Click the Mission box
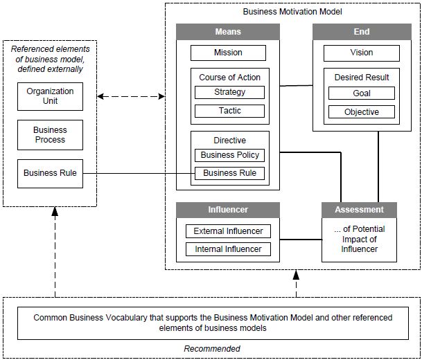(x=227, y=53)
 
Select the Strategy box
(x=229, y=92)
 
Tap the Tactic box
(x=229, y=111)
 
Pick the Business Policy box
(x=229, y=155)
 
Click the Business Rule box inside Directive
(x=229, y=173)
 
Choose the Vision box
(x=361, y=53)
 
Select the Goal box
(x=361, y=93)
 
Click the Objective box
(x=361, y=111)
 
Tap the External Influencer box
(x=228, y=231)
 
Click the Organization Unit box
(x=50, y=96)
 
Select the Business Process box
(x=50, y=135)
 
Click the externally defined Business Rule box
(x=50, y=173)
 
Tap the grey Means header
(x=227, y=31)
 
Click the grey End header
(x=361, y=31)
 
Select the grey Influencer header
(x=227, y=209)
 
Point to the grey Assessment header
(x=359, y=209)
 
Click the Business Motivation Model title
(x=292, y=12)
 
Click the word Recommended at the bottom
(x=211, y=349)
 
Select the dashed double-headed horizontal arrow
(x=131, y=96)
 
